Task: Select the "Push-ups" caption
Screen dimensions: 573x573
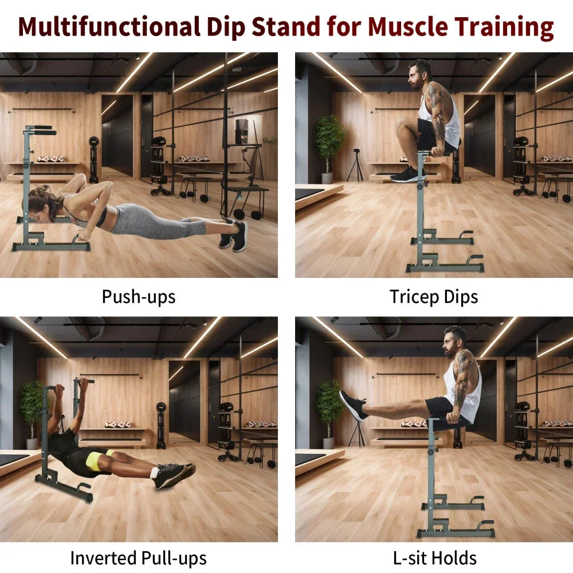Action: tap(139, 296)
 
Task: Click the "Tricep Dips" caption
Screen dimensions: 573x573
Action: tap(434, 296)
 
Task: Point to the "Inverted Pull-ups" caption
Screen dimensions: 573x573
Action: tap(138, 558)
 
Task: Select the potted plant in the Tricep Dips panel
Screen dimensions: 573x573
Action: tap(330, 143)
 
